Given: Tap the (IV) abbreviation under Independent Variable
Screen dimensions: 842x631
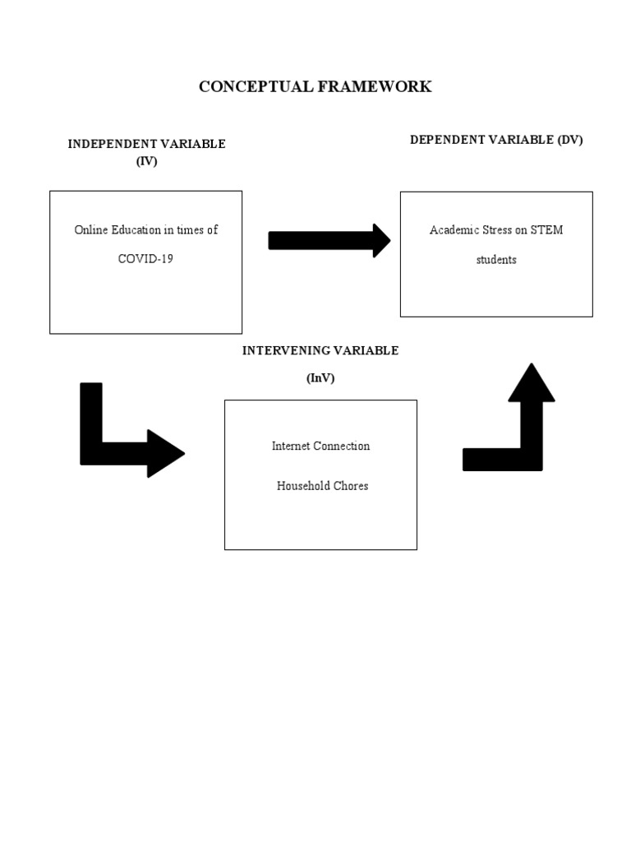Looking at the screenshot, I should click(146, 161).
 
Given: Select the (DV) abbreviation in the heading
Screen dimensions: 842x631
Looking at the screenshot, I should click(569, 140).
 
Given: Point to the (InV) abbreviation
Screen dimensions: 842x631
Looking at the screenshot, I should click(320, 378).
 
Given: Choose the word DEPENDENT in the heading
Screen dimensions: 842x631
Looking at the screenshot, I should click(449, 140).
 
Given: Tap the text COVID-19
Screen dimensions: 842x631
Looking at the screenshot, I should click(145, 259).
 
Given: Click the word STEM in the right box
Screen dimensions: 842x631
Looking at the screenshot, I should click(547, 230).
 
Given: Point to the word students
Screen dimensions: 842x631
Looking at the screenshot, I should click(496, 260).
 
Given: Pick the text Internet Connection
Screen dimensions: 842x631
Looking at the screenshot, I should click(320, 446).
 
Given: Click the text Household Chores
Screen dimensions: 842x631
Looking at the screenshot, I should click(322, 486).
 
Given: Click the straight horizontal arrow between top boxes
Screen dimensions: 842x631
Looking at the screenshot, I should click(329, 240).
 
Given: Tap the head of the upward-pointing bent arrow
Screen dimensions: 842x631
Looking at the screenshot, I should click(532, 382).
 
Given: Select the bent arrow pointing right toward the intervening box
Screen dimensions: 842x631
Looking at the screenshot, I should click(123, 448).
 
